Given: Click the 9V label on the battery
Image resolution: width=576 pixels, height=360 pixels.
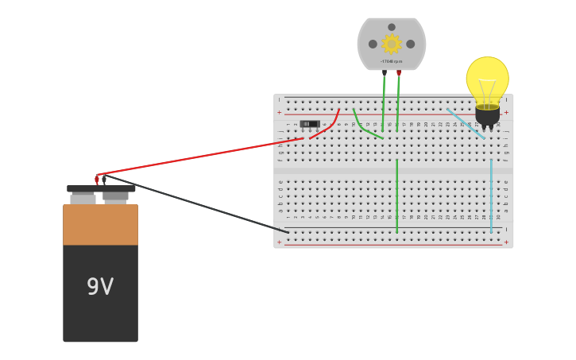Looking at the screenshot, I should pos(100,287).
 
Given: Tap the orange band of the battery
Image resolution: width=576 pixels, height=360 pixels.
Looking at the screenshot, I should pos(100,225).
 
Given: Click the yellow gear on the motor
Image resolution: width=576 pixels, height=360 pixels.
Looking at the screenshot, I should pos(391,44).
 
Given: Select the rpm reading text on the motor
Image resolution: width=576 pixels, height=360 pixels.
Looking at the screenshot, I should pos(391,61).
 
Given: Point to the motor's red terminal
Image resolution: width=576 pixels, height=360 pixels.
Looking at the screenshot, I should pos(399,72).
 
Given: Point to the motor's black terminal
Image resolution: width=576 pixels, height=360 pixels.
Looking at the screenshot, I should pos(385,72).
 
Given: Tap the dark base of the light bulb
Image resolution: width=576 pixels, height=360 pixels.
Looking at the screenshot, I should pos(487,115).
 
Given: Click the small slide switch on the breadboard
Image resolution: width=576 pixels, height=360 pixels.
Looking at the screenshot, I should pos(310,124).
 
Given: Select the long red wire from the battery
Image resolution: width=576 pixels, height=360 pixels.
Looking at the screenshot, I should pos(199,156).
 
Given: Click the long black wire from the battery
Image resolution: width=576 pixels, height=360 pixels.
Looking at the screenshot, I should pos(199,204).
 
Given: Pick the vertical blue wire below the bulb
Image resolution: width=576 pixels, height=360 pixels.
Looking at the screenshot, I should pos(491,195).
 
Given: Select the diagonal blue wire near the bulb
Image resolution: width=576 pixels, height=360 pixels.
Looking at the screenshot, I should pos(466,123).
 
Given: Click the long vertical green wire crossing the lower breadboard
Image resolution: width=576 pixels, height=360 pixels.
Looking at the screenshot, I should pos(397,195).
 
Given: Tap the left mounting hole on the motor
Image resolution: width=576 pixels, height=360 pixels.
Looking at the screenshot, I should pos(373,44).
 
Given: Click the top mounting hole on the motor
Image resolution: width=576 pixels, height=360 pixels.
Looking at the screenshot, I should pos(392,27).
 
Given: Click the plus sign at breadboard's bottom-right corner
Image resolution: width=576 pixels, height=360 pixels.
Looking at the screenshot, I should pos(506,242).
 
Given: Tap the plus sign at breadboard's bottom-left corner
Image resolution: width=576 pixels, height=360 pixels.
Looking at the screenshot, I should pos(280,242).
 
